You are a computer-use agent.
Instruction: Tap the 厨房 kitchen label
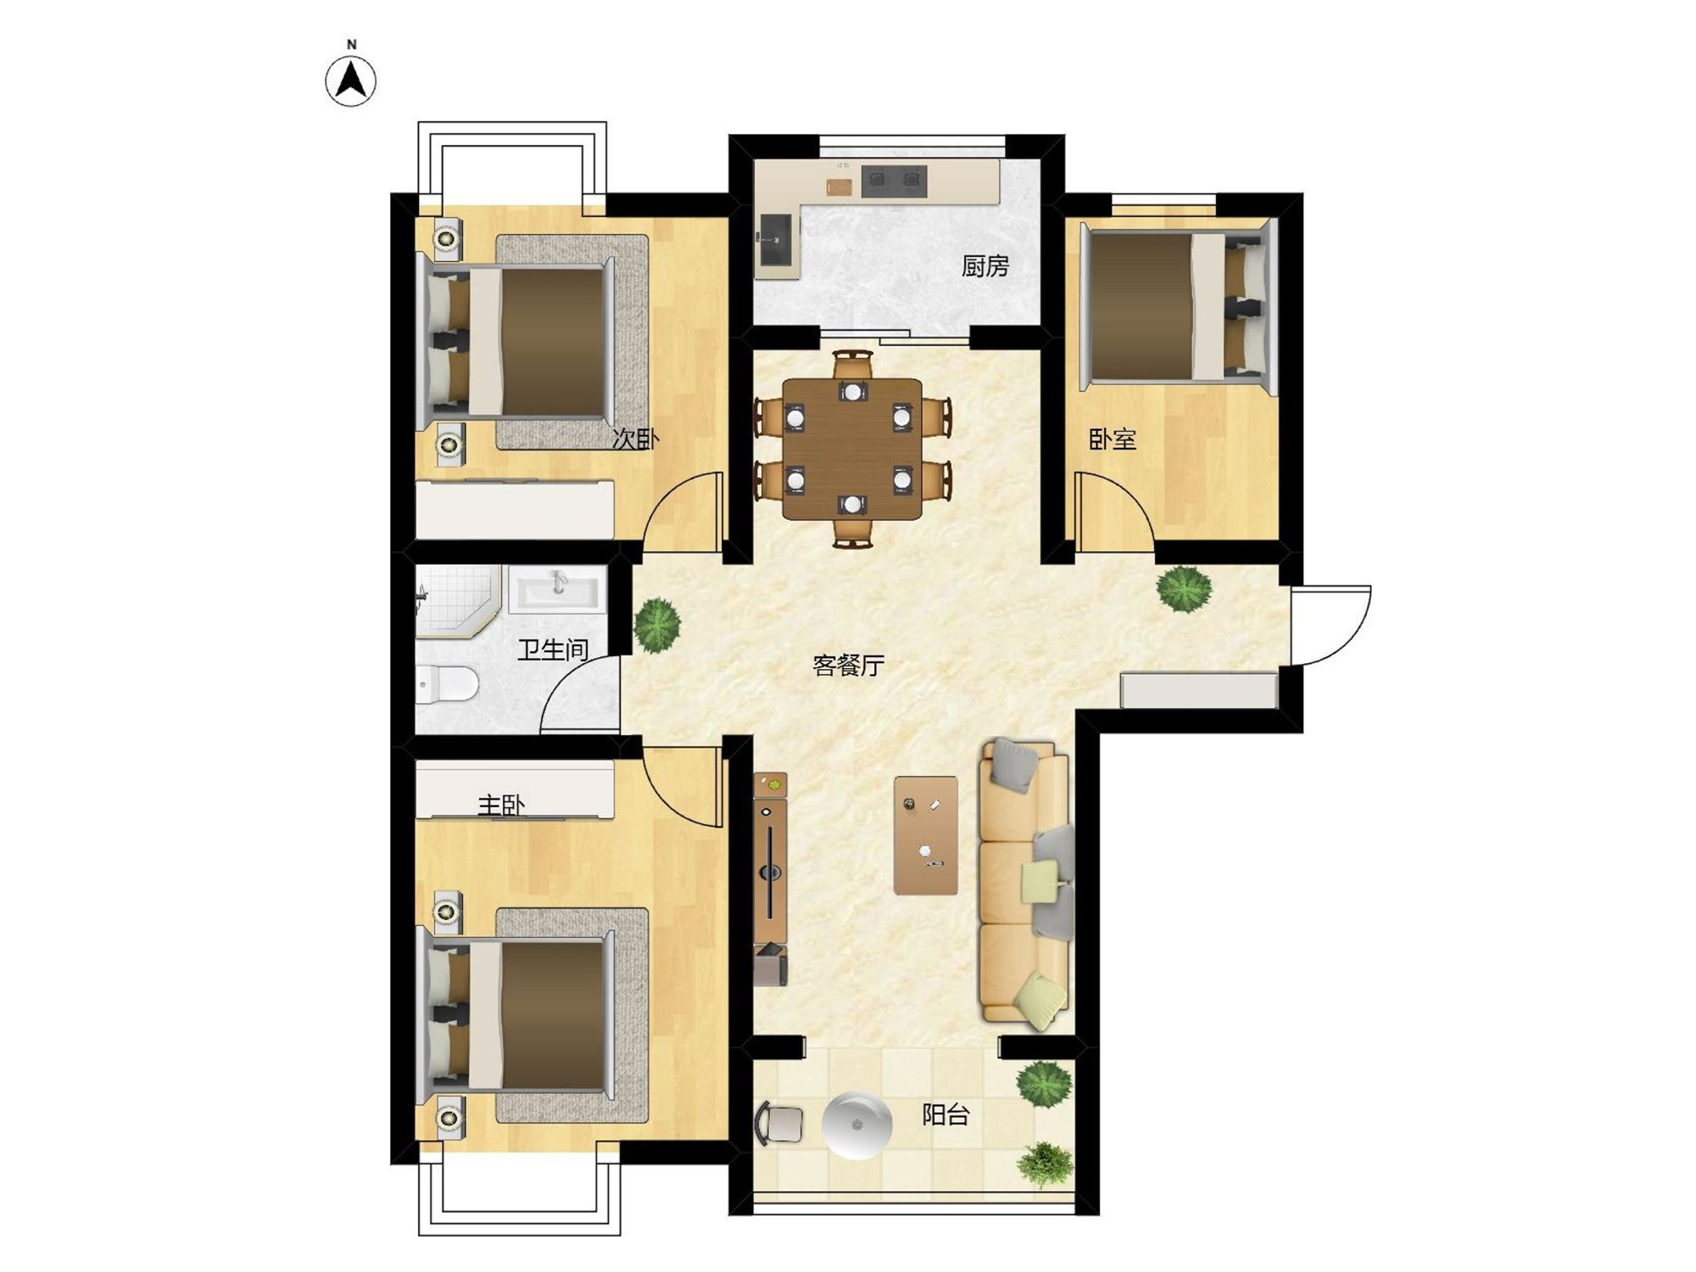point(985,266)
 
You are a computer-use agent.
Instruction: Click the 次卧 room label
point(635,438)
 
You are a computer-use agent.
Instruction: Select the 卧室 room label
point(1112,439)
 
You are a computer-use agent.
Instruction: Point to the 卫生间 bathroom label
point(553,650)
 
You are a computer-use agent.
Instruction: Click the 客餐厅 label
point(849,666)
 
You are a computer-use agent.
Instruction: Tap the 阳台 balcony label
point(946,1115)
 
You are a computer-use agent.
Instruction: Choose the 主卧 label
point(501,805)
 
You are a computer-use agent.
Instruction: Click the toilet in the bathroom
point(446,684)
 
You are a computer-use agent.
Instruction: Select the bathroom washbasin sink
point(557,589)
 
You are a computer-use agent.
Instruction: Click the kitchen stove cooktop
point(894,181)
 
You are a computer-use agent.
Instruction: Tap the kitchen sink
point(776,239)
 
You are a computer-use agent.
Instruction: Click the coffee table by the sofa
point(926,835)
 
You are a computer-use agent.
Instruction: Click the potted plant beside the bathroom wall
point(657,625)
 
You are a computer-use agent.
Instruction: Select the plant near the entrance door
point(1185,588)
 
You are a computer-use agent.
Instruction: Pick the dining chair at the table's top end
point(852,365)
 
